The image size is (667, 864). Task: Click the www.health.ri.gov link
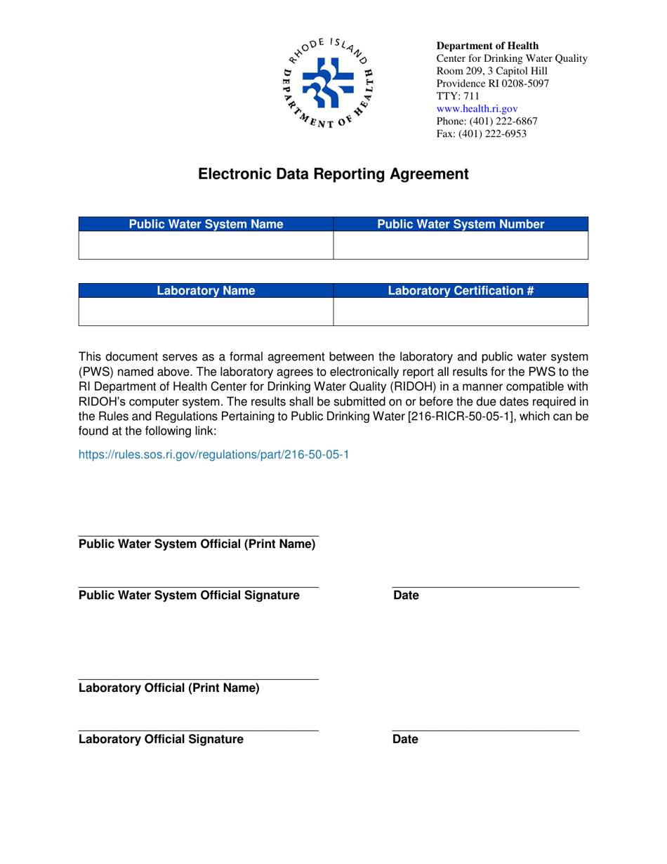point(477,109)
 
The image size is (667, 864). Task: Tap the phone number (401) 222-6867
point(487,122)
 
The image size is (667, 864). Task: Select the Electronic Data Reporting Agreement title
point(333,174)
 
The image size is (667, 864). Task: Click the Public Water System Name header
point(206,225)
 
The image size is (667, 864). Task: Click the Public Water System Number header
point(461,225)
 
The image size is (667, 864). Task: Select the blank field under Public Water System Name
point(206,246)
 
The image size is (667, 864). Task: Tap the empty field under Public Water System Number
point(461,246)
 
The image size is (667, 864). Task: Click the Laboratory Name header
point(206,290)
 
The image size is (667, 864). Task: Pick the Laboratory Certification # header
point(461,290)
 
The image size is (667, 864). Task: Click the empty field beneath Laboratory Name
point(206,312)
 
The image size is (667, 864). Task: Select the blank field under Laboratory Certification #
point(461,312)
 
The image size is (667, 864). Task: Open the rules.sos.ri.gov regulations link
point(213,454)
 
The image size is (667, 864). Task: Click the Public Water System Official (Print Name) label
point(197,544)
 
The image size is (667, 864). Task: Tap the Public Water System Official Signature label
point(189,596)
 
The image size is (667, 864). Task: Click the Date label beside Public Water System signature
point(406,596)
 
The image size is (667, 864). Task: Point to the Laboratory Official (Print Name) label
point(169,688)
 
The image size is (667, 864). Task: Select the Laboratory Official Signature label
point(161,739)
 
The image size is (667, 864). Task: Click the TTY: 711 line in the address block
point(458,96)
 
